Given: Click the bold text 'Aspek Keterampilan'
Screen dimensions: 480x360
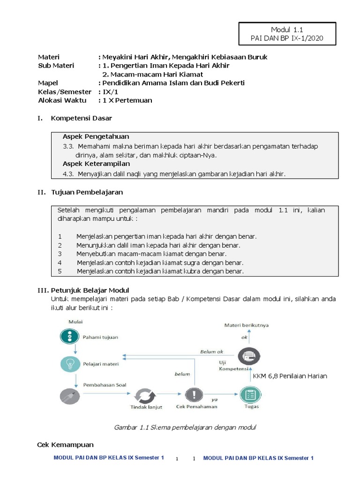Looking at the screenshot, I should point(96,164).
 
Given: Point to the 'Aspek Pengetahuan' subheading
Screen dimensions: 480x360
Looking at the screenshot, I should point(96,136).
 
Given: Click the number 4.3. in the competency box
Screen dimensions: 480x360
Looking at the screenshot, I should point(69,174).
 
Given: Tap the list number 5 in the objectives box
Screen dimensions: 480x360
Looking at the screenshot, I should point(60,271).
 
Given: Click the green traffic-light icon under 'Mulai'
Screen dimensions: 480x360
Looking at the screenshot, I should point(69,336).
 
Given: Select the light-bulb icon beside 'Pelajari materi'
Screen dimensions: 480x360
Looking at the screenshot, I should point(69,364).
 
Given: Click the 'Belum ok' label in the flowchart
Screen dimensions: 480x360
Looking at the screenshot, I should point(212,352).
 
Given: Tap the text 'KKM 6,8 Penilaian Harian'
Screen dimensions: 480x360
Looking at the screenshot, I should point(290,376).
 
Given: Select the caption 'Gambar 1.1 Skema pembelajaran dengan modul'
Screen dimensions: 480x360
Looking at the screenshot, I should point(185,427).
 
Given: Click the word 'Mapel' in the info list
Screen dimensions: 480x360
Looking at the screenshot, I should point(48,83).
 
